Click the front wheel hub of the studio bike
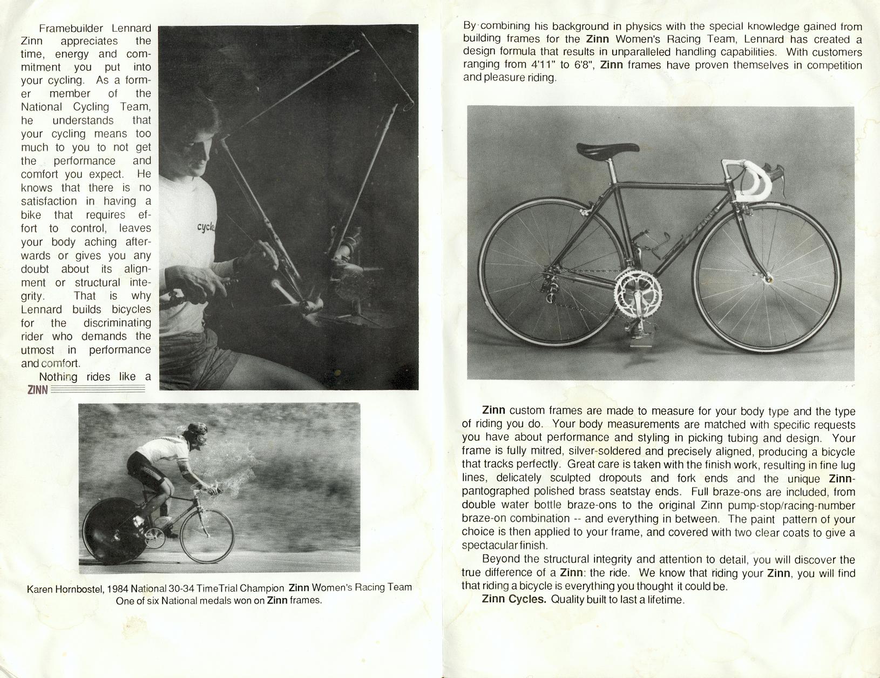pyautogui.click(x=767, y=279)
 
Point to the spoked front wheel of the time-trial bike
pyautogui.click(x=207, y=537)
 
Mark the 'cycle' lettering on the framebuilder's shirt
pyautogui.click(x=206, y=227)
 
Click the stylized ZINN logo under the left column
pyautogui.click(x=37, y=390)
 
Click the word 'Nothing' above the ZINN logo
pyautogui.click(x=58, y=377)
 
